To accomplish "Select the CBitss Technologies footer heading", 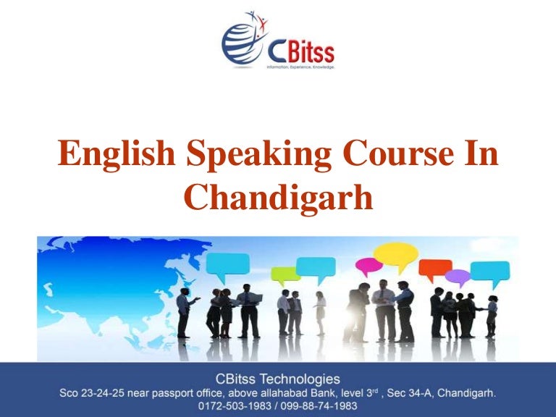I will (277, 379).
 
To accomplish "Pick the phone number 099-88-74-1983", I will (316, 406).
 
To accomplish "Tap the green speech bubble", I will (285, 274).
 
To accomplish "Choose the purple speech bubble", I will (458, 276).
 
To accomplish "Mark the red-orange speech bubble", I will (435, 267).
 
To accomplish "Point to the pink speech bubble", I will (368, 266).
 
